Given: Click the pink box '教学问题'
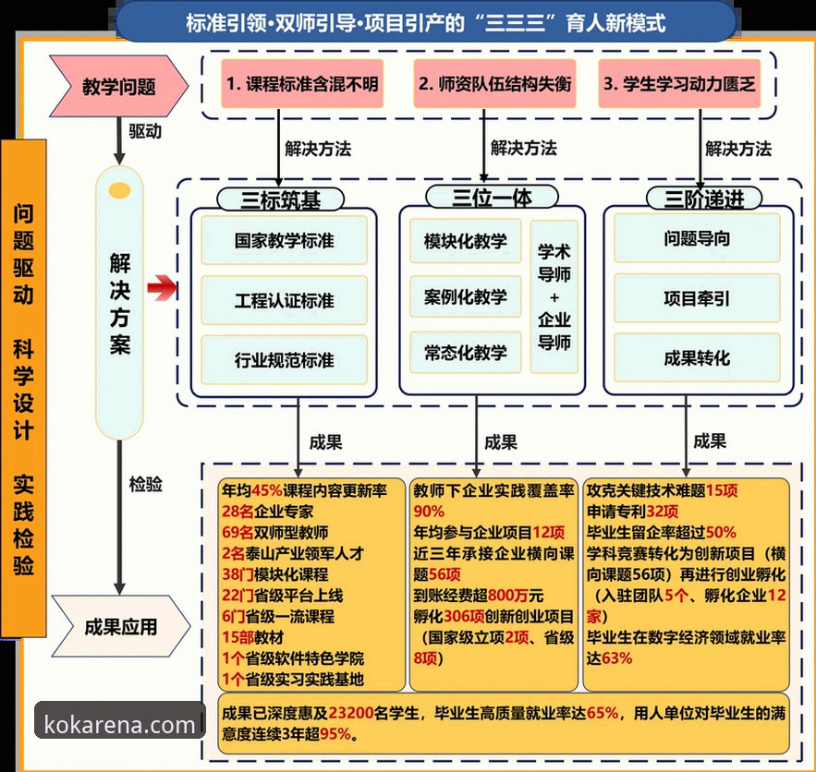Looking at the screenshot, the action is coord(118,86).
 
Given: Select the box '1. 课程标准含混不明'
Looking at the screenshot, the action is coord(302,84).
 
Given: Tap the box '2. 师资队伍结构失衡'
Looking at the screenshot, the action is coord(495,84).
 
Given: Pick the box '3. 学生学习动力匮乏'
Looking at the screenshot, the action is coord(679,84).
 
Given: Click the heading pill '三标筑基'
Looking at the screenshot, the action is coord(280,199).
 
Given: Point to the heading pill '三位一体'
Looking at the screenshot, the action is coord(492,197).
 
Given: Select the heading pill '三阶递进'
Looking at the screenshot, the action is coord(703,198).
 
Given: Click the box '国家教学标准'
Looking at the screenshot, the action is coord(284,240).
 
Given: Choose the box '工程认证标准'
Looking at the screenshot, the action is coord(284,300).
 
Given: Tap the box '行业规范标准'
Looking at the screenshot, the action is coord(284,360).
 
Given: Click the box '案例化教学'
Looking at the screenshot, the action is coord(465,296).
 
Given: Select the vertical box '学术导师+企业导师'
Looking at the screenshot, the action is coord(554,296).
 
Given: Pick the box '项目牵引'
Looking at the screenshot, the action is coord(697,298).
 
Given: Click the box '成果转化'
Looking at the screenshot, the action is coord(697,357).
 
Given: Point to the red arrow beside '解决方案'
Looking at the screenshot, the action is coord(163,288).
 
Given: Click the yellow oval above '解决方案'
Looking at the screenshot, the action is coord(119,190).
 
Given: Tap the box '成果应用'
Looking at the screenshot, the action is coord(121,626).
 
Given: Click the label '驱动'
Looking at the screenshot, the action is coord(145,131).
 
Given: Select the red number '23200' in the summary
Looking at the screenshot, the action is coord(351,712).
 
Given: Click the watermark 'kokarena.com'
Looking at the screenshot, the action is coord(120,725).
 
